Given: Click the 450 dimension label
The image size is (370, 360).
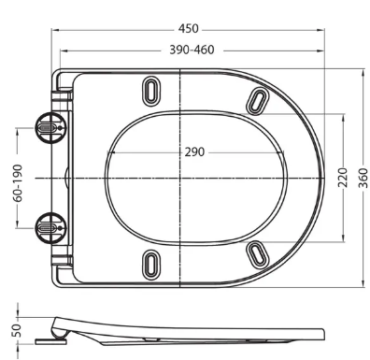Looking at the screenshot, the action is click(x=188, y=29).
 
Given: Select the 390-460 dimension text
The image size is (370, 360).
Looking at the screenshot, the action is click(x=192, y=50).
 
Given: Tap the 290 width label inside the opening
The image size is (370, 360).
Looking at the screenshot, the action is click(x=194, y=152).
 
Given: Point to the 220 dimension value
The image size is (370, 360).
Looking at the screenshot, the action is click(x=343, y=178).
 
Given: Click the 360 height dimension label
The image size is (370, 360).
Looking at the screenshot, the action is click(x=363, y=178).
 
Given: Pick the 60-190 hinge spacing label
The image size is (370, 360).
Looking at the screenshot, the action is click(x=19, y=183).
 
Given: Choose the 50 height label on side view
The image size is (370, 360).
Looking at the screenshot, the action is click(x=17, y=330).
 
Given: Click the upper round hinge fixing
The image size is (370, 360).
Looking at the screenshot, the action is click(x=50, y=128).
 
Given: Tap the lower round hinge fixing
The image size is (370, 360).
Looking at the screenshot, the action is click(x=50, y=228).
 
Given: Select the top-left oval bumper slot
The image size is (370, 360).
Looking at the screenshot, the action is click(x=151, y=91).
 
